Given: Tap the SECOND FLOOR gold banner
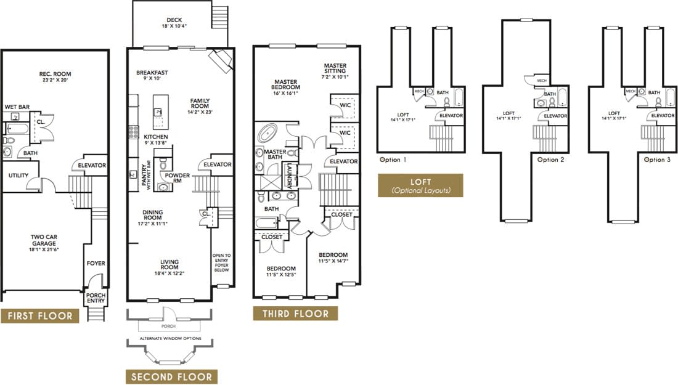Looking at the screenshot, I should pyautogui.click(x=171, y=377).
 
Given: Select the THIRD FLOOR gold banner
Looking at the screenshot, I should pyautogui.click(x=295, y=314).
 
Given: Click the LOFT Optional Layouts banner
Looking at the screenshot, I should pyautogui.click(x=420, y=185).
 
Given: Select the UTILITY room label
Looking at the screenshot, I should pyautogui.click(x=18, y=176).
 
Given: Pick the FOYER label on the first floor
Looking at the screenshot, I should pyautogui.click(x=96, y=264).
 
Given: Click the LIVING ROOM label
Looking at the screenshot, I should pyautogui.click(x=169, y=265).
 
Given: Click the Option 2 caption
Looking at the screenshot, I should pyautogui.click(x=550, y=160).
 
